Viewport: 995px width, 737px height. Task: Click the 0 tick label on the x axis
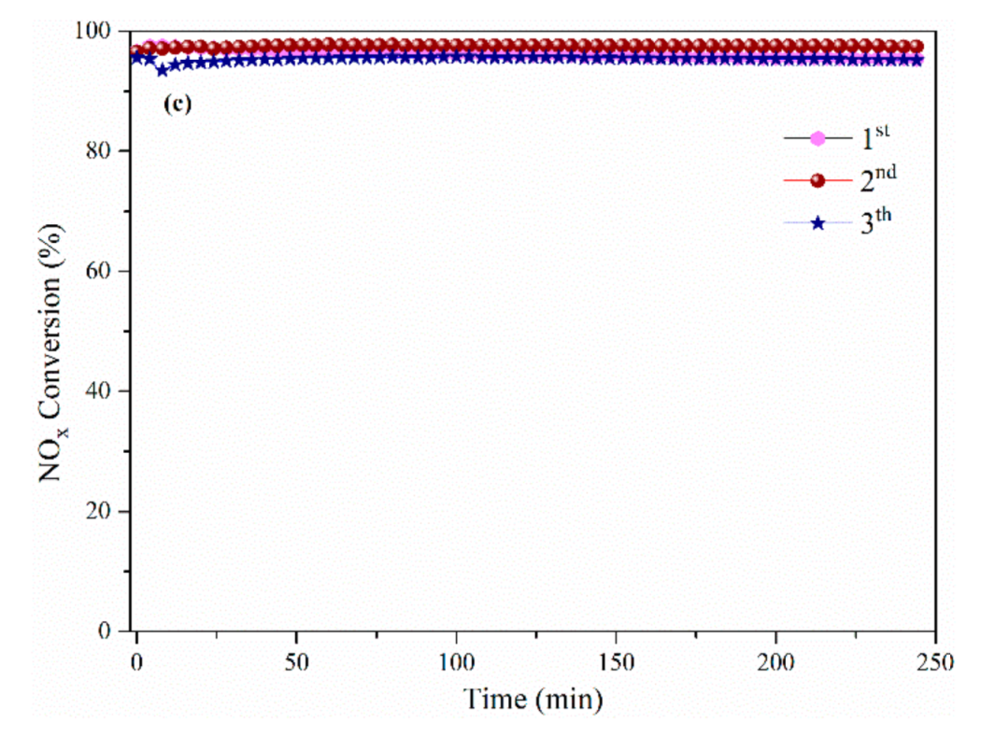pyautogui.click(x=136, y=662)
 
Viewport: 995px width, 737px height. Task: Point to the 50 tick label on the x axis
pyautogui.click(x=296, y=662)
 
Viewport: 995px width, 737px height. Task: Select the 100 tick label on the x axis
pyautogui.click(x=456, y=662)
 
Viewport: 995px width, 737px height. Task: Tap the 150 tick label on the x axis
pyautogui.click(x=616, y=662)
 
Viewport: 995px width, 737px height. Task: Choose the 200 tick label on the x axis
pyautogui.click(x=775, y=662)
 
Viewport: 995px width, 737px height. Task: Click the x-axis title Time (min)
pyautogui.click(x=534, y=699)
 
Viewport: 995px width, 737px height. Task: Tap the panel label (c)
pyautogui.click(x=177, y=104)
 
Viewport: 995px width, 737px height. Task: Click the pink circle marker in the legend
pyautogui.click(x=817, y=139)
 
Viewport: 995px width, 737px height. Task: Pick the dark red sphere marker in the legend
pyautogui.click(x=817, y=181)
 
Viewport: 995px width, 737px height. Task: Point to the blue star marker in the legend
pyautogui.click(x=817, y=223)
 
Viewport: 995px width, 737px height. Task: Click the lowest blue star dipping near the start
pyautogui.click(x=163, y=70)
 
